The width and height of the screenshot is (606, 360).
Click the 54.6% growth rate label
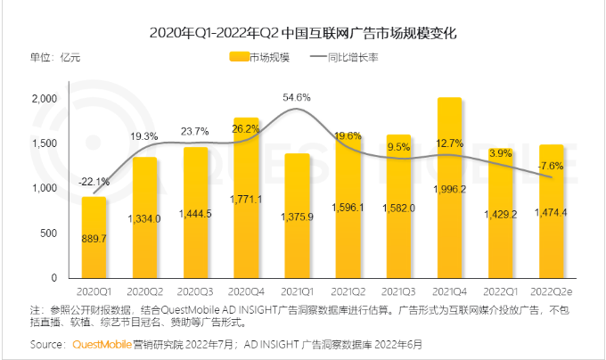[296, 97]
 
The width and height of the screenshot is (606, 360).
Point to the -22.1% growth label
[94, 182]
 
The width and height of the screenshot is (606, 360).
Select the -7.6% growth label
[550, 166]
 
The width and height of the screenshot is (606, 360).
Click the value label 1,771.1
[245, 200]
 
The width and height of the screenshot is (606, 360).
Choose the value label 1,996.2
[448, 189]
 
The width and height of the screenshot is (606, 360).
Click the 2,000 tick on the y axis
[45, 99]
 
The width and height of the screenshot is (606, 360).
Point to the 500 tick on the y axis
[49, 233]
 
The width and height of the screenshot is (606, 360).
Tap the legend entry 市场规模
[264, 57]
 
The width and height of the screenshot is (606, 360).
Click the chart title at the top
[302, 33]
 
